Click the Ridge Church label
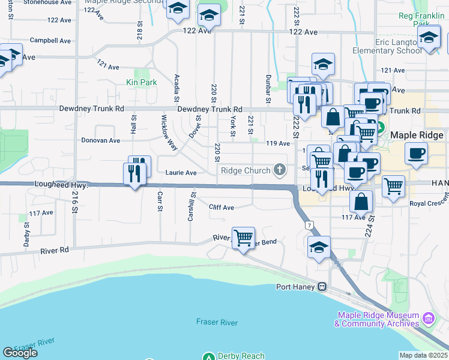pos(246,170)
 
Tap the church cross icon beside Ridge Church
pos(279,170)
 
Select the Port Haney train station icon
pos(322,286)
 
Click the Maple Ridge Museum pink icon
pos(427,317)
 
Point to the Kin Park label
pos(141,82)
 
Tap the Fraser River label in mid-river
pos(217,322)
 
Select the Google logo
pos(20,353)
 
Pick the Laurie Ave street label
pos(181,173)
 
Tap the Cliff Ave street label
pos(221,207)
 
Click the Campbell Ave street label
pos(52,41)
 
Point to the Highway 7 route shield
pos(309,225)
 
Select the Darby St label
pos(27,229)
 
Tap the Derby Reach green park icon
pos(208,356)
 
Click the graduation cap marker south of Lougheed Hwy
pos(319,247)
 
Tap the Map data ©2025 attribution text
pos(423,355)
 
